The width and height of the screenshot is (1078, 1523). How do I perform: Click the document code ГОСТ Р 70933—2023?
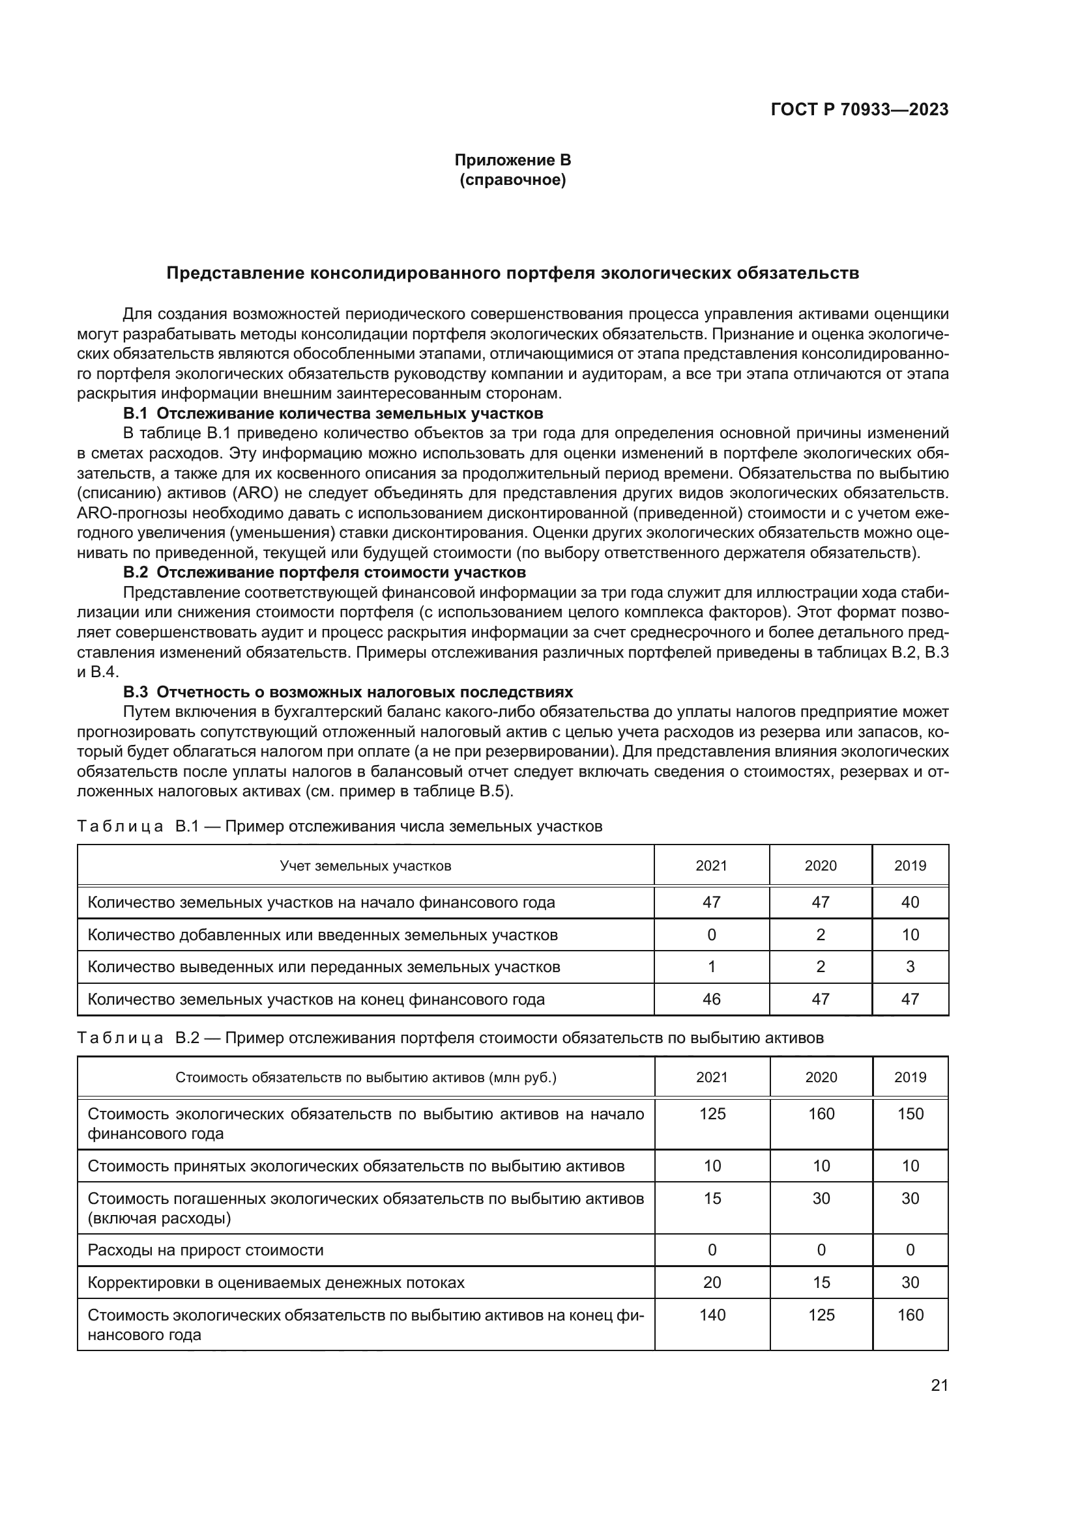(860, 110)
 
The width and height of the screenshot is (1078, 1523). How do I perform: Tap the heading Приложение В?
(512, 160)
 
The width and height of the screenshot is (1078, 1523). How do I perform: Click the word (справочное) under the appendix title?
(512, 180)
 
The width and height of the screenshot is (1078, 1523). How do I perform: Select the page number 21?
(939, 1385)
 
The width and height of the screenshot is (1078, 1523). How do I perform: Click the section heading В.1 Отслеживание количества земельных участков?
(333, 414)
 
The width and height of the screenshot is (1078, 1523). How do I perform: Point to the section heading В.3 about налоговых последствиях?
(348, 693)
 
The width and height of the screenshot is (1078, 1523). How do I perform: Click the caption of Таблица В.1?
(340, 826)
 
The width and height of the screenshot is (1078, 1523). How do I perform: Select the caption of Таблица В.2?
(450, 1038)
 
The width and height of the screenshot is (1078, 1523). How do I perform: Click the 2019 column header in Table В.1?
(910, 865)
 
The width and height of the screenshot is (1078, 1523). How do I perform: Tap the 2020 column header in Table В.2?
(821, 1077)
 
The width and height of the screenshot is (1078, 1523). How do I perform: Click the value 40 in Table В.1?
(910, 902)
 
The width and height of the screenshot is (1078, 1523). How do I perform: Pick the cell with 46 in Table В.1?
(712, 999)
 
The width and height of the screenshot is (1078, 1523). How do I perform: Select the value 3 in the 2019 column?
(910, 966)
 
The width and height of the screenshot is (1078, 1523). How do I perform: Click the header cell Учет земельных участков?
(365, 865)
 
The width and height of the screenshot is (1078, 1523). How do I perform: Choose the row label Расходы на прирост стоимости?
(205, 1250)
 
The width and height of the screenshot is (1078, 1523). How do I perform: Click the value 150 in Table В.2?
(910, 1113)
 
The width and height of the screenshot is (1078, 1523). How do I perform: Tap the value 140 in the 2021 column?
(712, 1315)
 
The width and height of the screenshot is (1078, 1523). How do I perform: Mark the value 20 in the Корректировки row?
(712, 1282)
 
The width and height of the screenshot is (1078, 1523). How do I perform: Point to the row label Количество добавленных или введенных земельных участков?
(323, 934)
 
